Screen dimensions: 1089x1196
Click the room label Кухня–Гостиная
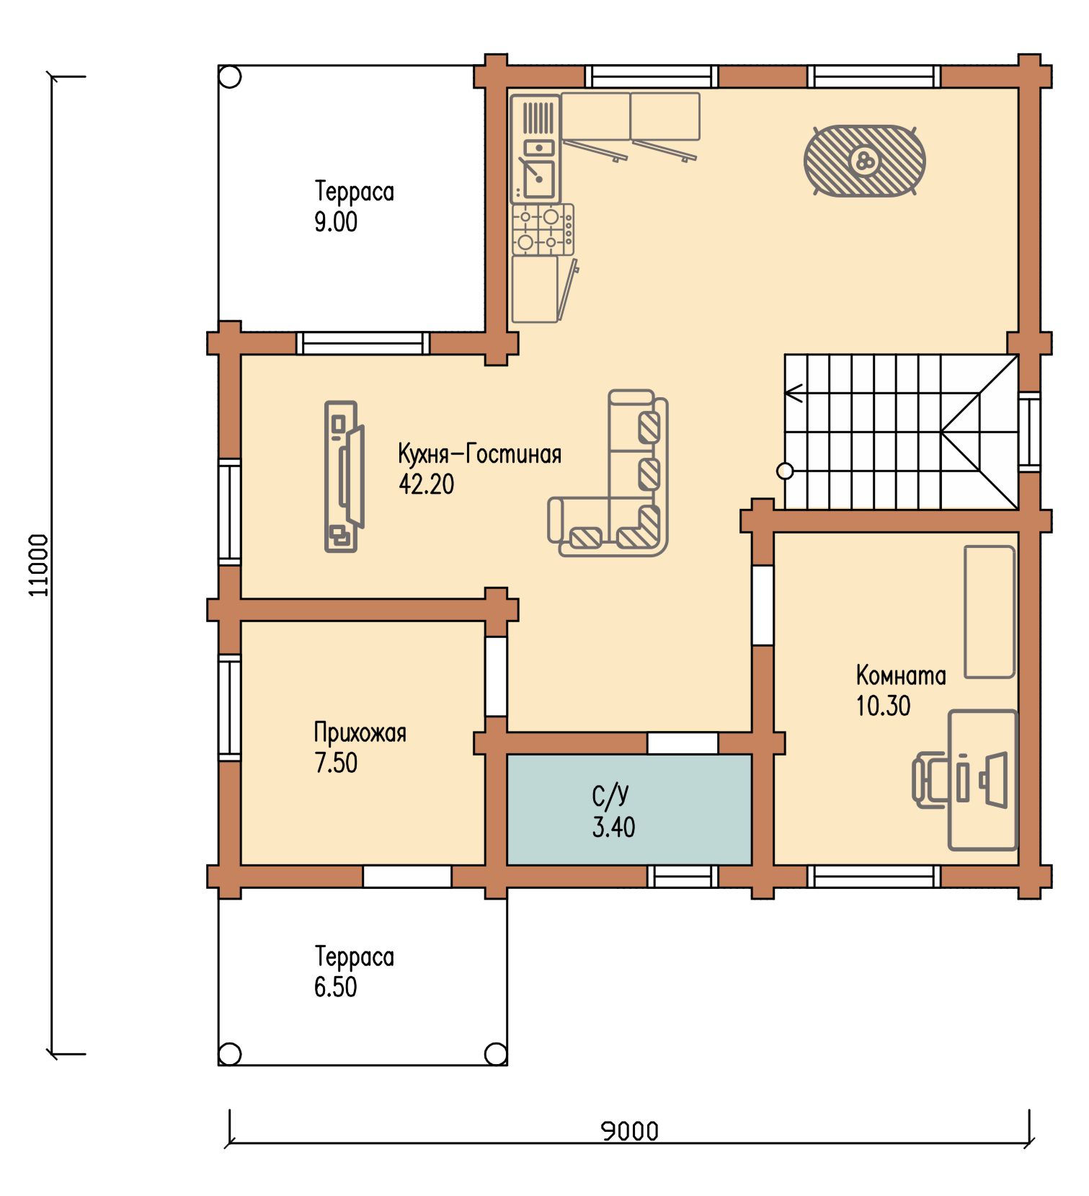click(479, 454)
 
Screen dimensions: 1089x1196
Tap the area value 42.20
click(427, 484)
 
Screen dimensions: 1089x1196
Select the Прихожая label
click(360, 733)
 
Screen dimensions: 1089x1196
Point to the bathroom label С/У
click(610, 796)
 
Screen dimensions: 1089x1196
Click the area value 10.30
click(883, 706)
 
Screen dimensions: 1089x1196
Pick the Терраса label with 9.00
click(355, 192)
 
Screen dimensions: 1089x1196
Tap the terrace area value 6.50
click(335, 987)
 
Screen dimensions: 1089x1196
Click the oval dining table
click(865, 160)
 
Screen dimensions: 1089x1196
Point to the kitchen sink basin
click(538, 178)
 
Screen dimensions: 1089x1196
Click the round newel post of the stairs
click(785, 471)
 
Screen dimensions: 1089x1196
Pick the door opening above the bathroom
click(683, 743)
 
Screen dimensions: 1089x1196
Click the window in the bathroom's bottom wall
click(683, 876)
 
